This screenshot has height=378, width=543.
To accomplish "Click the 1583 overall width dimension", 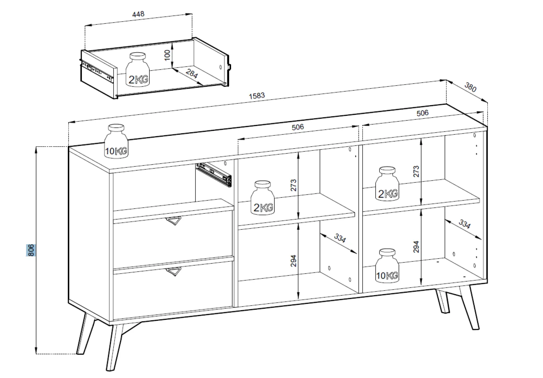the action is click(x=257, y=96).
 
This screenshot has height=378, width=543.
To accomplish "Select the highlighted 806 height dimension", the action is click(x=31, y=250).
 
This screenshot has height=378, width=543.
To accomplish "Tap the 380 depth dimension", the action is click(x=470, y=87).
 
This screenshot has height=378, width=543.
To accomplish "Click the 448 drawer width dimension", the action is click(x=138, y=14).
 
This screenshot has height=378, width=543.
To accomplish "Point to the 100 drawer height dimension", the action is click(x=167, y=55).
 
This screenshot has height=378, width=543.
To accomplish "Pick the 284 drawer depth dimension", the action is click(x=192, y=73).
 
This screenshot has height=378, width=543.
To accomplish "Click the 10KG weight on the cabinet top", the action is click(x=116, y=141).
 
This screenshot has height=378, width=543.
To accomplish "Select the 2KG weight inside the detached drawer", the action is click(x=137, y=70).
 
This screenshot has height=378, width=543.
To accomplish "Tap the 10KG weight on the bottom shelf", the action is click(x=387, y=266).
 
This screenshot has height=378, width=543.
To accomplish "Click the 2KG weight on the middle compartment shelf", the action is click(x=262, y=198).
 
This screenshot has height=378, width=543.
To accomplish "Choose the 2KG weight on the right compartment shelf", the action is click(x=387, y=183).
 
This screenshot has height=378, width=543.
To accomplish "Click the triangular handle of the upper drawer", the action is click(x=174, y=221).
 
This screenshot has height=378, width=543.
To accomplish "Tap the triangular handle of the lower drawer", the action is click(x=174, y=271).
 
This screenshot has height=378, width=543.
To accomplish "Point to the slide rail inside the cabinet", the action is click(x=214, y=175).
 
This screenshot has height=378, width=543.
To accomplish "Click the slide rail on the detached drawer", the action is click(x=97, y=71).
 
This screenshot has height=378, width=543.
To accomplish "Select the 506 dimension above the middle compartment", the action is click(x=298, y=127).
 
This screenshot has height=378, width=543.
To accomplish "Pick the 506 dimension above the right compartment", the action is click(x=423, y=113).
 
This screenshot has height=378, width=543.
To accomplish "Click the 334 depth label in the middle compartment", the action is click(x=340, y=238).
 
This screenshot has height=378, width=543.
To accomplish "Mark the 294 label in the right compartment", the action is click(x=416, y=246).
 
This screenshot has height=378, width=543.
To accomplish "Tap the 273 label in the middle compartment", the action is click(x=293, y=185).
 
